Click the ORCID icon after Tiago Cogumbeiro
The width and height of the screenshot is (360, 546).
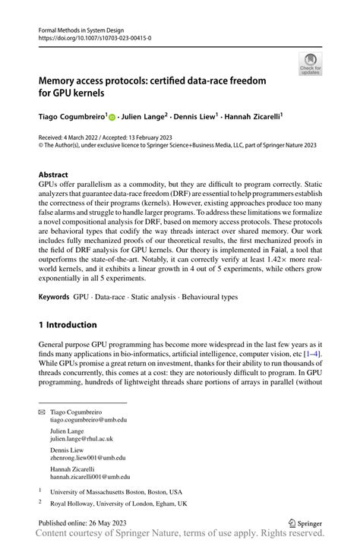pos(112,118)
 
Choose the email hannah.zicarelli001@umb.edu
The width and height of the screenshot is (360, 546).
pos(93,478)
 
